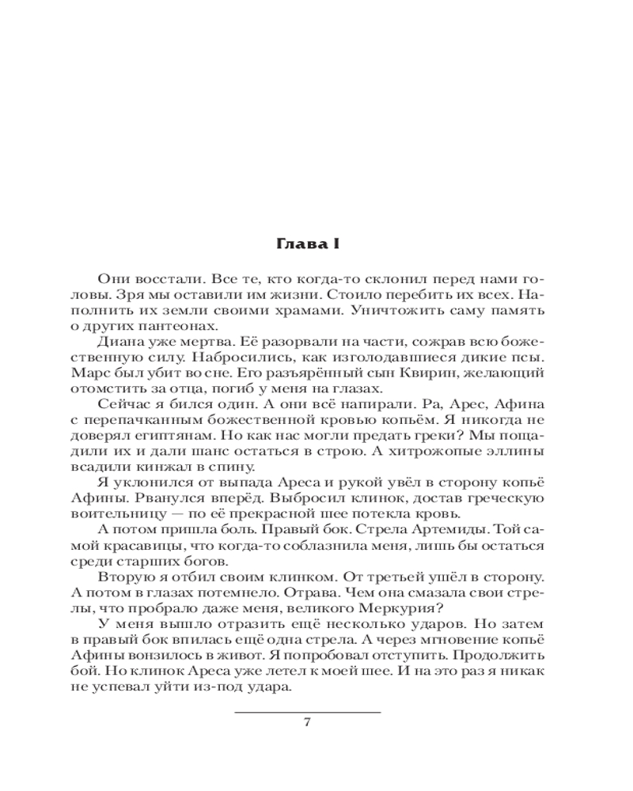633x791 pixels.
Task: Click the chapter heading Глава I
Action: (307, 244)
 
